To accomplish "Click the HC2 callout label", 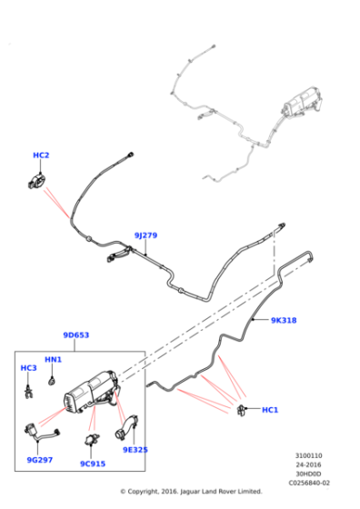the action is click(x=41, y=155).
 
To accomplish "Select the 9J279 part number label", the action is click(x=145, y=235).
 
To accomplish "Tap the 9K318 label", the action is click(x=284, y=320).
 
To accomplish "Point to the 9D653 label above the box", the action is click(x=76, y=335).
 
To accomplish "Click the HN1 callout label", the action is click(x=53, y=359).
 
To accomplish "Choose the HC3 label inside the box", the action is click(x=28, y=368).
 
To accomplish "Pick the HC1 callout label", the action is click(x=270, y=410).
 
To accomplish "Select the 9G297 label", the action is click(x=40, y=460).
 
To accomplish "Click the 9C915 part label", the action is click(x=93, y=464).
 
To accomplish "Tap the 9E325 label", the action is click(x=135, y=450).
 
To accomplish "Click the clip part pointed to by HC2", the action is click(x=36, y=181).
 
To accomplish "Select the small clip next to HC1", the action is click(x=241, y=410).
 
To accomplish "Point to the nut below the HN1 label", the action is click(x=51, y=381).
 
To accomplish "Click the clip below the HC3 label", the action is click(x=28, y=392).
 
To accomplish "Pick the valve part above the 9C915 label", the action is click(x=92, y=439).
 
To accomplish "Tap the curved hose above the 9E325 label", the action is click(x=125, y=428).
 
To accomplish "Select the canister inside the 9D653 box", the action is click(x=91, y=392).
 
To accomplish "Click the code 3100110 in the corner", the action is click(x=308, y=455).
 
